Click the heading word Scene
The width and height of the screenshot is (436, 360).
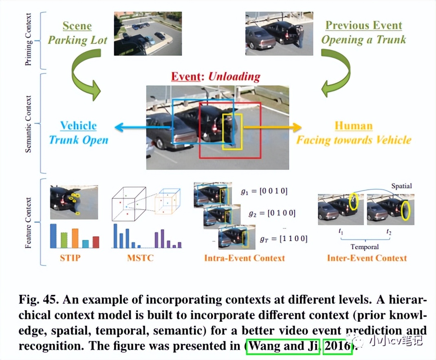tap(77, 26)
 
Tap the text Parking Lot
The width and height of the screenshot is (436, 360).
tap(77, 40)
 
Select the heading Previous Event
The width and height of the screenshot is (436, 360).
tap(363, 25)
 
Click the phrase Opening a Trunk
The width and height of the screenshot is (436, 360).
tap(363, 40)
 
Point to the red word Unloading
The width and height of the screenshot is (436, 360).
tap(234, 76)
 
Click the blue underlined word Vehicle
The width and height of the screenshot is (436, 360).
tap(78, 126)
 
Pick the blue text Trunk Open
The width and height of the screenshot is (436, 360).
tap(78, 140)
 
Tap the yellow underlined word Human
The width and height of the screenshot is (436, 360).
tap(353, 126)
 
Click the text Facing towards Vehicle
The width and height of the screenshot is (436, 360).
tap(353, 140)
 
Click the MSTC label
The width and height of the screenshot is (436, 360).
tap(140, 258)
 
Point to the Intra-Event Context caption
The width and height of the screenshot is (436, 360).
tap(244, 258)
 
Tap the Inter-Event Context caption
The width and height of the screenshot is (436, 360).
tap(367, 258)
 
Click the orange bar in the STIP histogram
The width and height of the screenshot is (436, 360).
tap(75, 238)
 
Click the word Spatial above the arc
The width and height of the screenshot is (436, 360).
tap(401, 186)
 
